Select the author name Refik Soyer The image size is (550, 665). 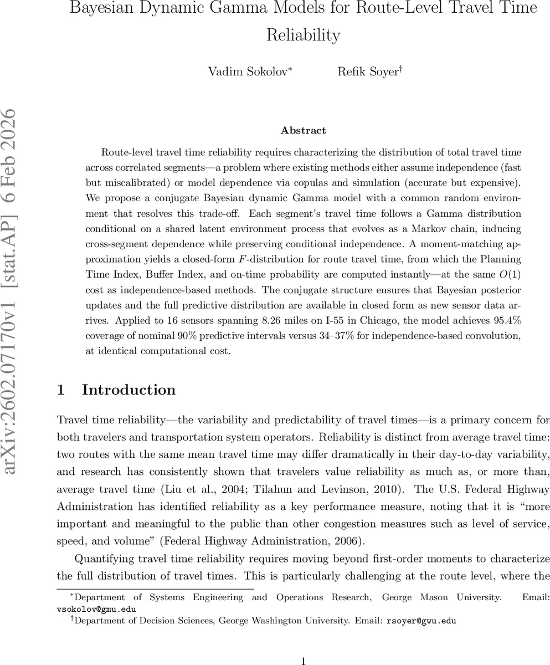pos(368,71)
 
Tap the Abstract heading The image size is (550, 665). pos(303,131)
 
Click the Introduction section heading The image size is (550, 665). pos(128,390)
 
